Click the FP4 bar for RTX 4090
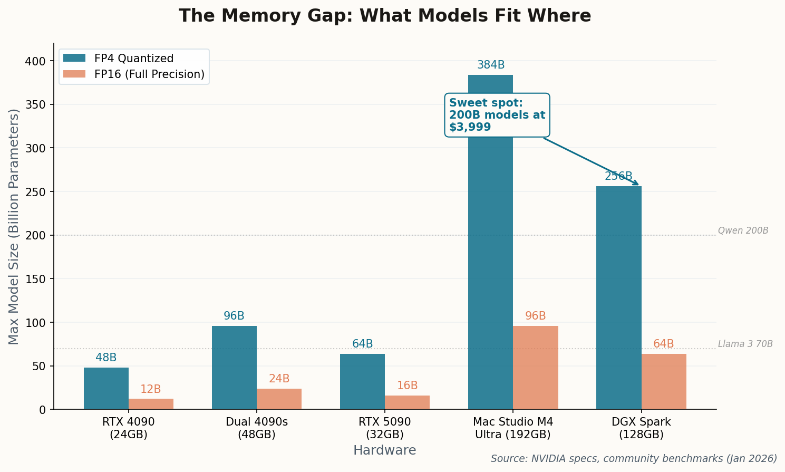106,388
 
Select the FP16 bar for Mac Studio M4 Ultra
535,368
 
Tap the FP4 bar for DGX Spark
618,297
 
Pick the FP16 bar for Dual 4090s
279,399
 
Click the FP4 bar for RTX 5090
362,381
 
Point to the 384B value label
491,65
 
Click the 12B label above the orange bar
151,390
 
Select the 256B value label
618,177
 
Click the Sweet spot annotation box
497,115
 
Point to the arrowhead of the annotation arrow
637,184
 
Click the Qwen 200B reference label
743,231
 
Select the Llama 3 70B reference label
745,344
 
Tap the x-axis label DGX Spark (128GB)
641,428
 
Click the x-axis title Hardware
384,450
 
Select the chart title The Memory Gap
384,16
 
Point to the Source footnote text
634,459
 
